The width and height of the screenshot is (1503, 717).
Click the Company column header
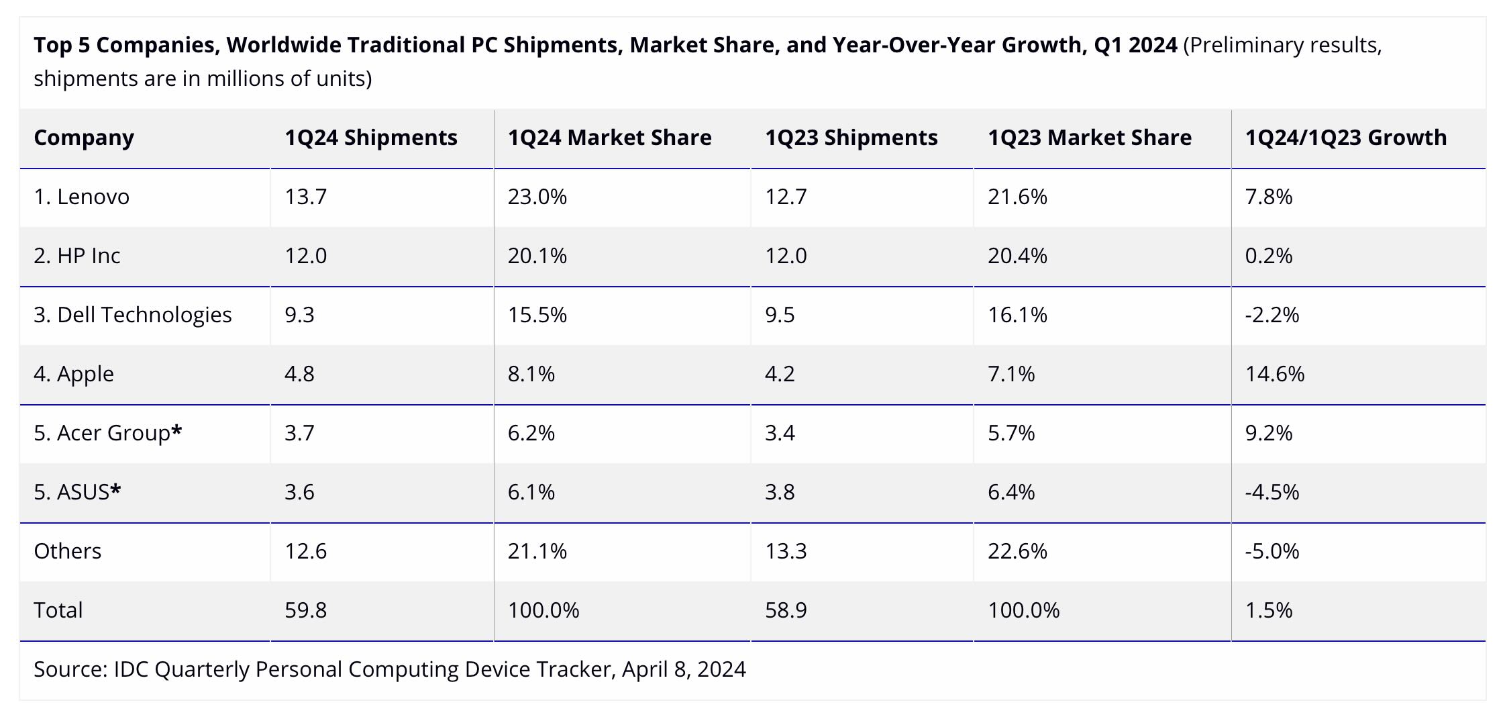pyautogui.click(x=84, y=138)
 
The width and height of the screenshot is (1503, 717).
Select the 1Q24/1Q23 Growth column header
pyautogui.click(x=1345, y=138)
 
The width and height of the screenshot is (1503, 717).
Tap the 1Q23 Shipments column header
pyautogui.click(x=851, y=138)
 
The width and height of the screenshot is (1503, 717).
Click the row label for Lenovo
pyautogui.click(x=81, y=197)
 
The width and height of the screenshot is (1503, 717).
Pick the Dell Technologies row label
pyautogui.click(x=132, y=315)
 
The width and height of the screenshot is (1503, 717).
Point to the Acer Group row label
pyautogui.click(x=107, y=433)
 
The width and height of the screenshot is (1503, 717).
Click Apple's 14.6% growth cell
pyautogui.click(x=1274, y=374)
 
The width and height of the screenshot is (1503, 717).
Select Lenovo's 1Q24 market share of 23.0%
pyautogui.click(x=537, y=197)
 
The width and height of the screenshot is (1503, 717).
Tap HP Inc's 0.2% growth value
pyautogui.click(x=1268, y=256)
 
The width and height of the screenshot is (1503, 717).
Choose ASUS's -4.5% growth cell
pyautogui.click(x=1272, y=492)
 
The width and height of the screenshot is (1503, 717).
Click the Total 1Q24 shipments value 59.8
pyautogui.click(x=305, y=610)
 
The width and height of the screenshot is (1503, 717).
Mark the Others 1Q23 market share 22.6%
pyautogui.click(x=1017, y=551)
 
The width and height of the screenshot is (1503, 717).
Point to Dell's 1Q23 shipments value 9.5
pyautogui.click(x=780, y=315)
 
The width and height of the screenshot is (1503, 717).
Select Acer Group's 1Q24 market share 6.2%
pyautogui.click(x=531, y=433)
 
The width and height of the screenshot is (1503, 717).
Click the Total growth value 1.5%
pyautogui.click(x=1268, y=610)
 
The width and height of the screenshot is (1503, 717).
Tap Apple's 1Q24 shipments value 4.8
pyautogui.click(x=299, y=374)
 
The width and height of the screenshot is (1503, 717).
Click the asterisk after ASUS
pyautogui.click(x=116, y=491)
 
